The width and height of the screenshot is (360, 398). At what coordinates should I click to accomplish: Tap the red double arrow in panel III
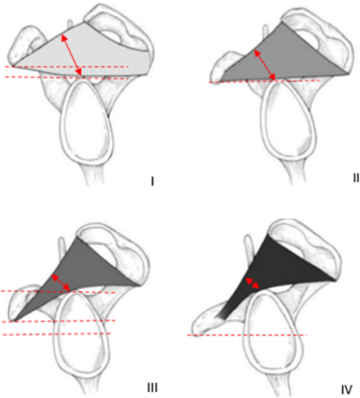[60, 281]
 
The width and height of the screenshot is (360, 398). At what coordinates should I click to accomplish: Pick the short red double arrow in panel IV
[253, 282]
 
